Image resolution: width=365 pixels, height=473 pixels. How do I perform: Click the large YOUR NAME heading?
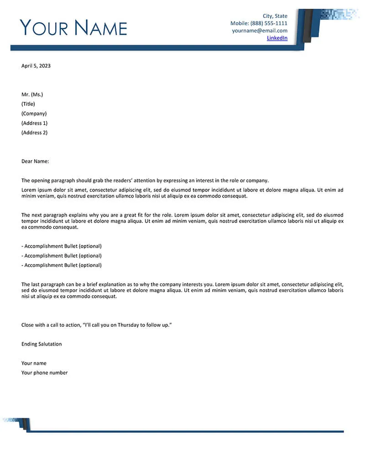click(73, 28)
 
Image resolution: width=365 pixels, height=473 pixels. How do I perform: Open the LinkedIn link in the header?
click(277, 38)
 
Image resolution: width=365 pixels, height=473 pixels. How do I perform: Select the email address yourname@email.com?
click(260, 31)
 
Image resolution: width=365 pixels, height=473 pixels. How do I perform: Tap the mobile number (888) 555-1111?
click(269, 23)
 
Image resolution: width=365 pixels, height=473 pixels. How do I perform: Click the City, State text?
click(275, 16)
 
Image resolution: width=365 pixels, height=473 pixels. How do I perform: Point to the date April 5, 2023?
click(36, 66)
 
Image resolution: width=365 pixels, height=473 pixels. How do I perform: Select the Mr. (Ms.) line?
click(32, 95)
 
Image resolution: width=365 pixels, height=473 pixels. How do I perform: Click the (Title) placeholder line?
click(28, 104)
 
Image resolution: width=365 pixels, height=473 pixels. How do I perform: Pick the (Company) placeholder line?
click(34, 114)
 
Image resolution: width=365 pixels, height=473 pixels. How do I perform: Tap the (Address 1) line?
click(34, 123)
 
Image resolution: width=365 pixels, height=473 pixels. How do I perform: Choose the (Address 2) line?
click(34, 133)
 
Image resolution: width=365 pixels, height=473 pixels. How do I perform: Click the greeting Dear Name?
click(35, 161)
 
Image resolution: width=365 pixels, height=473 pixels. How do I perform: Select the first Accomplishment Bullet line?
click(62, 246)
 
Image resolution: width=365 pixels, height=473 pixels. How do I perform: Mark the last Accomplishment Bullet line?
click(62, 266)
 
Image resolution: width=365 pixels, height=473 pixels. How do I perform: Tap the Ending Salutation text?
click(42, 344)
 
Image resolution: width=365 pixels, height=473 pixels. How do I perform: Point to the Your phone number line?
click(44, 373)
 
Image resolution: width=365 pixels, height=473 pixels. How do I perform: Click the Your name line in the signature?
click(34, 363)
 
